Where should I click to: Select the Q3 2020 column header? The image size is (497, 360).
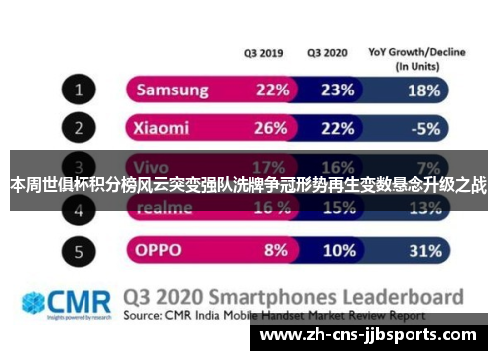[x=329, y=53]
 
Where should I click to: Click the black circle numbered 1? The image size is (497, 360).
[x=78, y=91]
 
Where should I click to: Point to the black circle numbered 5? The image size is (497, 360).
[x=78, y=247]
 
